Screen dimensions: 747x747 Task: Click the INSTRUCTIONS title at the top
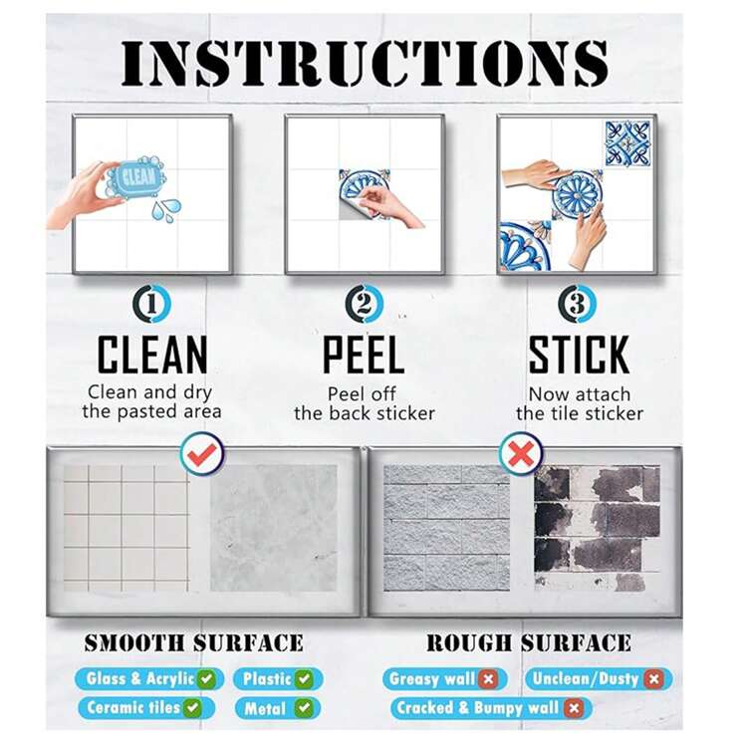(x=365, y=64)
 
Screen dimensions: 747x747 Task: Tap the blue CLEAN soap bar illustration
(x=136, y=177)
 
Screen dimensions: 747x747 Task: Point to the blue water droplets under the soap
(x=165, y=210)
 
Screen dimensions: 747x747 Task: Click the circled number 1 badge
(x=152, y=304)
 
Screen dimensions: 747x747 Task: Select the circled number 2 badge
(x=365, y=304)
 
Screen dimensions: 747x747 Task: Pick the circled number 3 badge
(x=577, y=304)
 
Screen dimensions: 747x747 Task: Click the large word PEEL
(x=364, y=355)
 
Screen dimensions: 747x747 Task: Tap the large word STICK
(x=579, y=355)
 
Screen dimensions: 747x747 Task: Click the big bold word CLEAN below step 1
(x=152, y=355)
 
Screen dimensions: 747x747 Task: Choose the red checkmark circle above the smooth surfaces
(x=202, y=453)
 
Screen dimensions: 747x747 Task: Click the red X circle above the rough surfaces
(x=521, y=453)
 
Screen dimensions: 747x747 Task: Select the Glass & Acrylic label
(x=149, y=679)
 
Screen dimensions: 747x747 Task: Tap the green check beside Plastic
(x=304, y=679)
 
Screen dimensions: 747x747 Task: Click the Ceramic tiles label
(x=146, y=708)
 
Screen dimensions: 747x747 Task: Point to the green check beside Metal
(x=304, y=708)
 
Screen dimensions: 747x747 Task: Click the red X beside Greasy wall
(x=488, y=679)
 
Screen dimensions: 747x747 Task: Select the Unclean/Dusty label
(x=599, y=679)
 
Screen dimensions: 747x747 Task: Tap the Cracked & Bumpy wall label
(x=491, y=708)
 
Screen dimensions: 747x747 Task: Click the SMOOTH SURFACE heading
(x=194, y=643)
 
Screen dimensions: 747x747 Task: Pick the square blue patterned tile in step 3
(x=627, y=143)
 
